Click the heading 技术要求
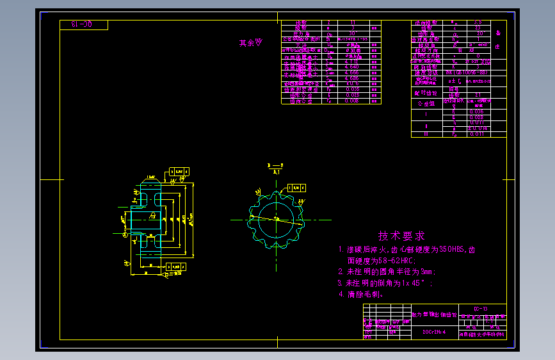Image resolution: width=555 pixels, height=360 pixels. (x=401, y=236)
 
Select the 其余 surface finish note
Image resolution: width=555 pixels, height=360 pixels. (x=250, y=43)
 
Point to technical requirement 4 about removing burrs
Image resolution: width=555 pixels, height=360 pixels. (x=360, y=295)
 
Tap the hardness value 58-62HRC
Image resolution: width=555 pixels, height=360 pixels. (x=389, y=261)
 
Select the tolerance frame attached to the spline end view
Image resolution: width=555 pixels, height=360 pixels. (x=296, y=188)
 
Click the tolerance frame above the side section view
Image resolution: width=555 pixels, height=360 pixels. (x=180, y=171)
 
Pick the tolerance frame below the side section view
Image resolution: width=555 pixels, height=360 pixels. (x=178, y=268)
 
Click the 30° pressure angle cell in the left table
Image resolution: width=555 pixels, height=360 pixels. (x=351, y=33)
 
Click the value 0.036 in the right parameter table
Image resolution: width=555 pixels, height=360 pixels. (x=476, y=111)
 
